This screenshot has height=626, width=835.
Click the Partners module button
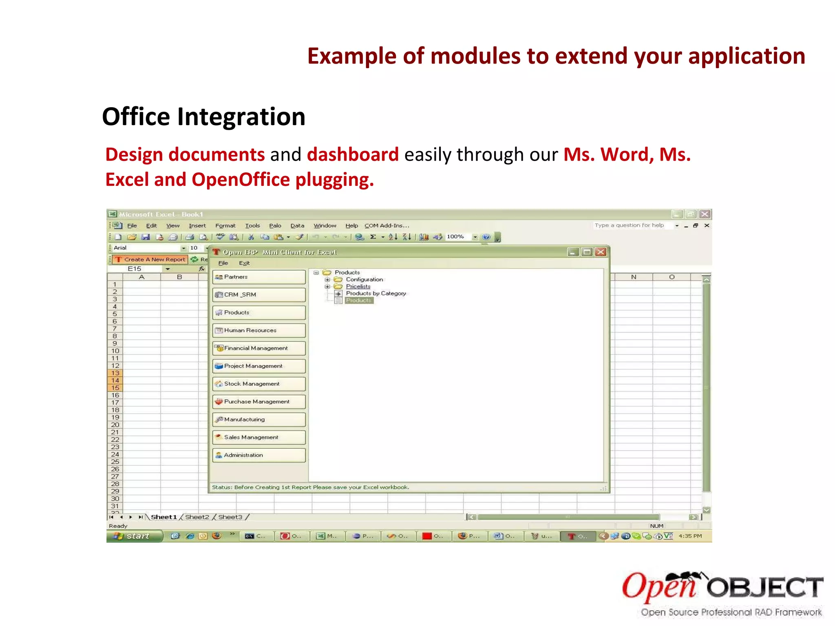pos(258,277)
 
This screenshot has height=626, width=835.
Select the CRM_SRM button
pos(258,295)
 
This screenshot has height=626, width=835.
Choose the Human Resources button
pos(258,331)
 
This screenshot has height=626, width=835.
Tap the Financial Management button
pos(258,348)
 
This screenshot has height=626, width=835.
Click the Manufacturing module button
pos(258,419)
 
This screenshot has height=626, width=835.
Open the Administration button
pos(258,455)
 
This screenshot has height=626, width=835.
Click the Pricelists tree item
pos(358,287)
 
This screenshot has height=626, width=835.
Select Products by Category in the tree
pos(376,293)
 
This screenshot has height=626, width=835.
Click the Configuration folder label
pos(364,280)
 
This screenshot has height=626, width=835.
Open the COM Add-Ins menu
pos(386,226)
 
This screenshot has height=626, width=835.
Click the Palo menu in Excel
pos(275,226)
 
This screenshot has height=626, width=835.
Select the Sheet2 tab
pos(197,517)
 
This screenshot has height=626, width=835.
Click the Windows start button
pos(134,536)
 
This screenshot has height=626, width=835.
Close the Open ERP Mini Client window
pos(601,252)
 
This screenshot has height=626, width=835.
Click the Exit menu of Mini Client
pos(244,263)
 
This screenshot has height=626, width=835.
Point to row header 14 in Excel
pos(115,381)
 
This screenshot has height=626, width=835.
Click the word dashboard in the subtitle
pos(352,155)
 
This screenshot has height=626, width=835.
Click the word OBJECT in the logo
pos(764,588)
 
